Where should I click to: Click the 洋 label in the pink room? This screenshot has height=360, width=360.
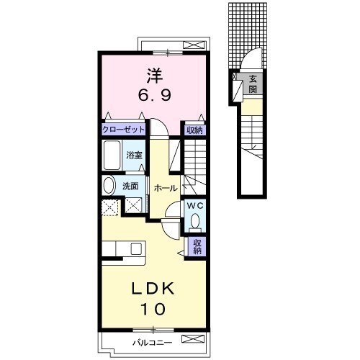(x=155, y=76)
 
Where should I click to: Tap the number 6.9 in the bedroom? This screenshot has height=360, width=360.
(x=155, y=95)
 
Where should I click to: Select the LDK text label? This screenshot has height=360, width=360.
(x=153, y=289)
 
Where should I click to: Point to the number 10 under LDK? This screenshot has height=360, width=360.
(x=153, y=309)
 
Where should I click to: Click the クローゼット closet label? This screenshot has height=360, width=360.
(x=123, y=130)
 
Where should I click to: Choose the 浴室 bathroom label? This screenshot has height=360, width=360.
(x=134, y=156)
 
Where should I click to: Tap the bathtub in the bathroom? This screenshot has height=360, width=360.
(x=112, y=155)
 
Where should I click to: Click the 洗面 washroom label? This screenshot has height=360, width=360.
(x=130, y=186)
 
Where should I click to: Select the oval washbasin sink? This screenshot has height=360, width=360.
(x=109, y=186)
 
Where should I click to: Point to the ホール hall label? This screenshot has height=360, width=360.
(x=166, y=189)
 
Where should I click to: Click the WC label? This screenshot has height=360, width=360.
(x=195, y=205)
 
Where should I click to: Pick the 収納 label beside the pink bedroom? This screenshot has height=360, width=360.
(x=195, y=130)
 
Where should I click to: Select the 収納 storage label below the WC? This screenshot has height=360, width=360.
(x=197, y=246)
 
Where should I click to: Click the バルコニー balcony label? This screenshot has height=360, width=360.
(x=153, y=343)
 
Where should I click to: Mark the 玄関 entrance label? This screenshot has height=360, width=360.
(x=253, y=84)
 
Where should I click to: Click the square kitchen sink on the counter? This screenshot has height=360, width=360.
(x=136, y=248)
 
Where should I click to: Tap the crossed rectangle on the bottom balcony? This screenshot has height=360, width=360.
(x=193, y=339)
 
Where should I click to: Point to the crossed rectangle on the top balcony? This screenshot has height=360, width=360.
(x=194, y=45)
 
